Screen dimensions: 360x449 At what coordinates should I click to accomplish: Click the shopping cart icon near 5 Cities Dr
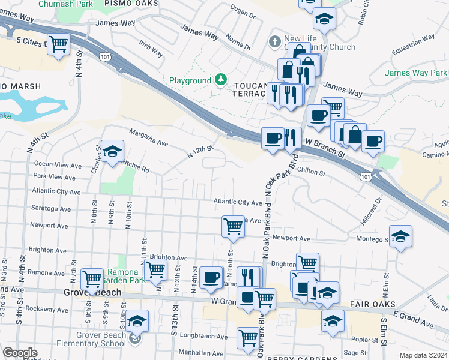59,44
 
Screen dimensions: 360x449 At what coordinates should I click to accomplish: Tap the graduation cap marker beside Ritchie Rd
112,152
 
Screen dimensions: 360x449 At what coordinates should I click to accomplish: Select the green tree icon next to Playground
221,80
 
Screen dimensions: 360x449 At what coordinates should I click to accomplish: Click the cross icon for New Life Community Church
275,41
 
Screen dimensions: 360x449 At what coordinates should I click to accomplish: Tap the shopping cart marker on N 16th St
233,227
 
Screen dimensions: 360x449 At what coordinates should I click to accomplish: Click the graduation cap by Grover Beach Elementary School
137,321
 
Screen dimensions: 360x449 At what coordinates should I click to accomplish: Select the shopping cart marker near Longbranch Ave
248,338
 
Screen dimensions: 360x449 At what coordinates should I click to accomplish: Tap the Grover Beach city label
92,293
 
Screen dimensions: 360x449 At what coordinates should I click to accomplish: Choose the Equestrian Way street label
413,45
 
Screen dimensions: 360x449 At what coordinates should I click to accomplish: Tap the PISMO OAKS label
131,4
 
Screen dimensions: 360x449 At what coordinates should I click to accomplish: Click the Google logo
20,353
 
